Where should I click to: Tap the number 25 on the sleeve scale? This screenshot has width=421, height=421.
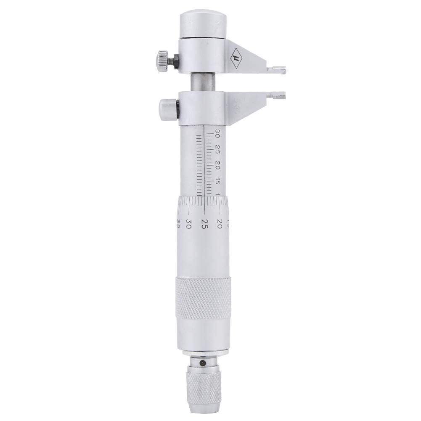click(217, 149)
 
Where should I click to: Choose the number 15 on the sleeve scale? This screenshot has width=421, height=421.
click(217, 180)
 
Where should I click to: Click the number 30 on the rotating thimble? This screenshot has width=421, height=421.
click(189, 223)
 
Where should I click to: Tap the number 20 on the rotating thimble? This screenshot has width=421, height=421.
click(219, 222)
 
